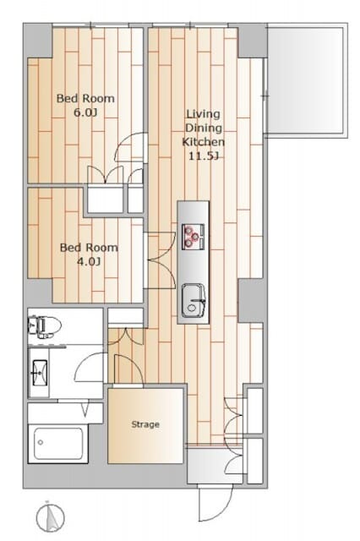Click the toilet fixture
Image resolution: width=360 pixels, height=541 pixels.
(45, 325)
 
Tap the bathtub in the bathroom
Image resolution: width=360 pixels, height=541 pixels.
(58, 444)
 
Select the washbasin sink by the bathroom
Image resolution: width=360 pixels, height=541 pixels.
(39, 373)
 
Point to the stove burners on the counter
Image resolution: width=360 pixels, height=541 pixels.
(194, 237)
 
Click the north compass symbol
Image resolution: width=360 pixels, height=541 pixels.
(51, 516)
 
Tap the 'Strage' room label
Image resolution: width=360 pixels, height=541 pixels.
(145, 424)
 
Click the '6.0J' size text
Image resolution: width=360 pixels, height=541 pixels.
(85, 112)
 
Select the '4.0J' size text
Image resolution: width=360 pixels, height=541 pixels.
(89, 262)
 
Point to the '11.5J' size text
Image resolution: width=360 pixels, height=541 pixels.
(203, 156)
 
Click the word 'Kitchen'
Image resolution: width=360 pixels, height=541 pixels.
(203, 142)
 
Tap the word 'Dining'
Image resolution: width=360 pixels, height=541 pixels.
(203, 128)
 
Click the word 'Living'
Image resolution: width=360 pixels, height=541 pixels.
(203, 114)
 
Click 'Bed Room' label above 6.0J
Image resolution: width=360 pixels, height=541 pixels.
(85, 98)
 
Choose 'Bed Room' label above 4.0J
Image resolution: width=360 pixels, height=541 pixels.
(89, 248)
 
